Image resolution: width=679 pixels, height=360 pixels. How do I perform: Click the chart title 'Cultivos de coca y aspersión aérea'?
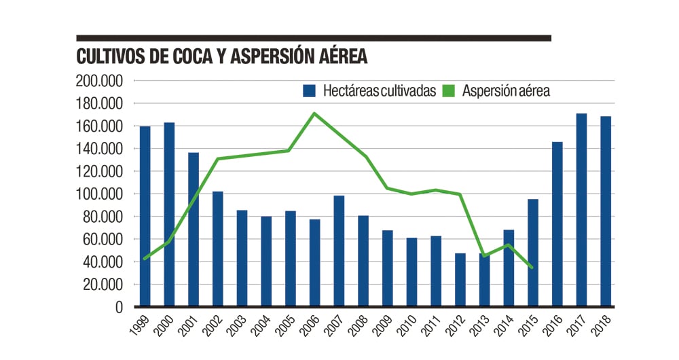point(222,56)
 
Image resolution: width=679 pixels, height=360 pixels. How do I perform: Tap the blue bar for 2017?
point(581,210)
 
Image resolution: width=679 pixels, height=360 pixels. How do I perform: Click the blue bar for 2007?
point(339,251)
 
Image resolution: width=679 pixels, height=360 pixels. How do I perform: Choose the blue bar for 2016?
point(557,224)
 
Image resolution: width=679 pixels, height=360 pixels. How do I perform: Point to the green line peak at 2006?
point(313,113)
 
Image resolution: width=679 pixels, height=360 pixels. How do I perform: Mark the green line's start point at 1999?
point(145,259)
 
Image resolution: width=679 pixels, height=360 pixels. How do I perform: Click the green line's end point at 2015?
point(532,268)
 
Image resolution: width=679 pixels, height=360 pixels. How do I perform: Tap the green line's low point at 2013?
point(484,256)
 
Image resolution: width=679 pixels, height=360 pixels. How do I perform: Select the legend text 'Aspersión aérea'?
point(506,91)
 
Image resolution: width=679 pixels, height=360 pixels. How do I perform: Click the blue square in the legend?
point(310,91)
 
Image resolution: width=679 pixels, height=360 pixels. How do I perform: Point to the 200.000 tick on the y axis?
point(100,81)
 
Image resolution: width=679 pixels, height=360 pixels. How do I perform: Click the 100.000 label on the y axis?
point(100,194)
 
